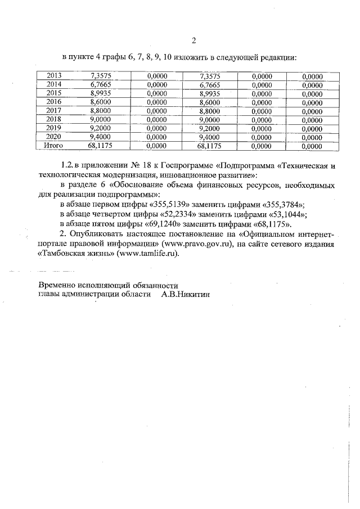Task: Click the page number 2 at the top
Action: [x=193, y=40]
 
